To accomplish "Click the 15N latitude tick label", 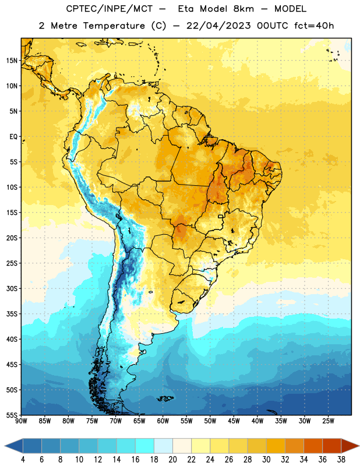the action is [12, 61].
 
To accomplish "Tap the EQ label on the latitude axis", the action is [13, 137].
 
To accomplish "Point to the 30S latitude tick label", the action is [12, 288].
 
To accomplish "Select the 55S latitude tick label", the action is [12, 415].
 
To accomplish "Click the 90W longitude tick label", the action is [21, 421].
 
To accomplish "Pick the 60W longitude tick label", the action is [163, 421].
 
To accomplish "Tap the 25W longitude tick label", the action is [328, 421].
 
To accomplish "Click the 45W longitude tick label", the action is [234, 421].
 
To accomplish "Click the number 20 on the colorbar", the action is [172, 460].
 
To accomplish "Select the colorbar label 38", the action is [341, 460].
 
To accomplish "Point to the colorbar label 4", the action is [23, 460].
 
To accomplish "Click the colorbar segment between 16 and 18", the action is [145, 446].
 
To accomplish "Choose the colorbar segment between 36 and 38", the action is [332, 446].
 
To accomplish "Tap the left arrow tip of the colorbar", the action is [5, 446].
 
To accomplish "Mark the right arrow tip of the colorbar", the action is [359, 446].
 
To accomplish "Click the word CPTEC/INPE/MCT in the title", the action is [110, 9].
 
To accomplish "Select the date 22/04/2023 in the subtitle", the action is [218, 26].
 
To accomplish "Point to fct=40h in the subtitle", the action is [314, 26].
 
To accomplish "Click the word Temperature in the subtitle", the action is [114, 26].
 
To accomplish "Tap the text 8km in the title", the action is [243, 9].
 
